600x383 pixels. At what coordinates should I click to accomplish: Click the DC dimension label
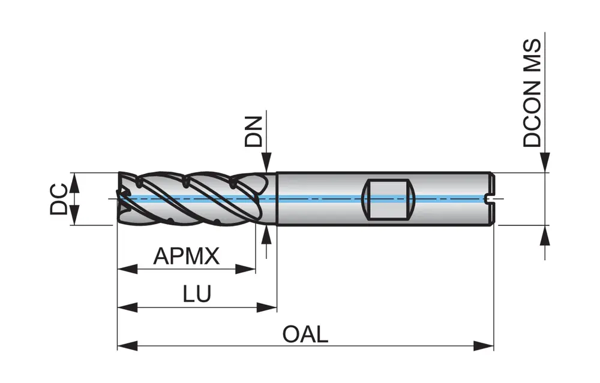59,199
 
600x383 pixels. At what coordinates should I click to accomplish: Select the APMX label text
187,257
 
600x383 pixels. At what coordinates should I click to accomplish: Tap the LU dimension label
197,294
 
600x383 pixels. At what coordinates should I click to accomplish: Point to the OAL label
305,334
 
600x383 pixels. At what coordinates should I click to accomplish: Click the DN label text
254,132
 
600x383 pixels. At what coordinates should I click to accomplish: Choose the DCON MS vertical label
532,93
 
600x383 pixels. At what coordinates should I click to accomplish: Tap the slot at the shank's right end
489,198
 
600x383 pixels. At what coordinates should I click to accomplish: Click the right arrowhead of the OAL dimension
485,345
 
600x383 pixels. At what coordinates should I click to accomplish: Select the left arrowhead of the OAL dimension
127,345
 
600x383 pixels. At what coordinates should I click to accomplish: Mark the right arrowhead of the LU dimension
268,307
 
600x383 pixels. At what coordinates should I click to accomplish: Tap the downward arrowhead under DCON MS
545,163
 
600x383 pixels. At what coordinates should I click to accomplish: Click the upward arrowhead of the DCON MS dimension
545,235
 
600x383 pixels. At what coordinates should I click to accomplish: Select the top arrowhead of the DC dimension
75,182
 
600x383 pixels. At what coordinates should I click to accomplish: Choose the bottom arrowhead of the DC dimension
75,216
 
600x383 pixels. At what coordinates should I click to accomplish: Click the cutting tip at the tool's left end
123,198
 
